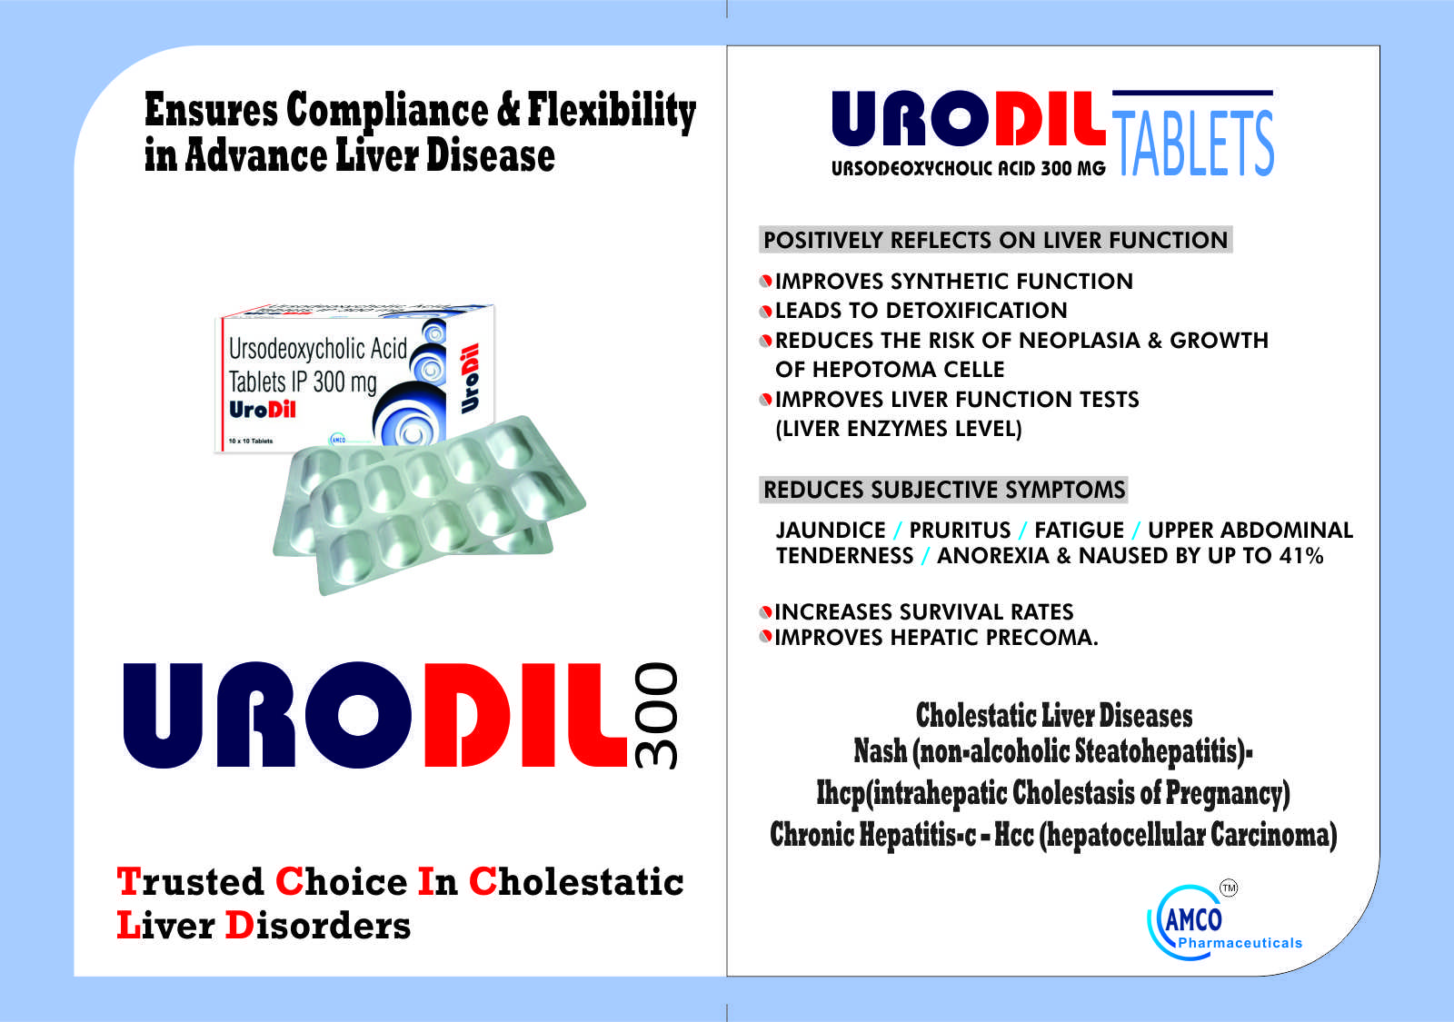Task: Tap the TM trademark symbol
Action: (x=1229, y=888)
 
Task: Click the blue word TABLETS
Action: (x=1193, y=143)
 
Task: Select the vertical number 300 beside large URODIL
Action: (x=656, y=716)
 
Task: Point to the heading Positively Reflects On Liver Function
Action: (x=995, y=240)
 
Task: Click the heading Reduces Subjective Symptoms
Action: (x=944, y=490)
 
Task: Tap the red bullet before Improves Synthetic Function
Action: (x=766, y=281)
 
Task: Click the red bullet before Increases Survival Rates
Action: (x=766, y=612)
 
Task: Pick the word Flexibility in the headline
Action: (x=612, y=110)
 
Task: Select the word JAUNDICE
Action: (x=831, y=531)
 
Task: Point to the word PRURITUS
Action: (x=960, y=531)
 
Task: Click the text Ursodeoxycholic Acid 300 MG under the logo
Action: (x=969, y=168)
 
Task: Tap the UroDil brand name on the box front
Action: (x=263, y=410)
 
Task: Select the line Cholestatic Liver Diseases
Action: (x=1054, y=715)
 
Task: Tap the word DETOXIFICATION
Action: (x=976, y=310)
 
